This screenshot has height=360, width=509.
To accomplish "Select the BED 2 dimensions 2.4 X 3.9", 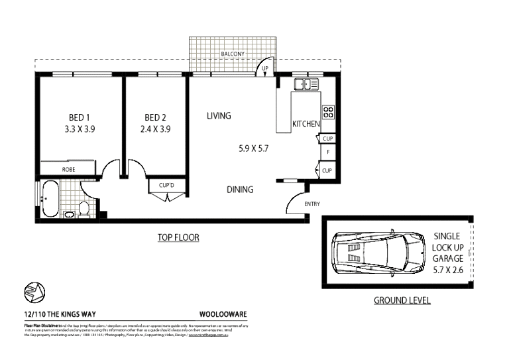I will [x=156, y=129].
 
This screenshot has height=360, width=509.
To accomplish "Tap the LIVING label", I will [x=219, y=116].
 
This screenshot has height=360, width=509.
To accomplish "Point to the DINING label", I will [x=240, y=190].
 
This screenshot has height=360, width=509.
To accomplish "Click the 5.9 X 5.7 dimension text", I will [x=254, y=149].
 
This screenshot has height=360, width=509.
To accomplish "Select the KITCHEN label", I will [x=306, y=124].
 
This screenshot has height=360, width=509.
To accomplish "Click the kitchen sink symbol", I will [x=306, y=84].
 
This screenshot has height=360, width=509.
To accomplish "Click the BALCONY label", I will [x=233, y=54].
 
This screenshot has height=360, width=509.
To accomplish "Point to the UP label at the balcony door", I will [x=264, y=69].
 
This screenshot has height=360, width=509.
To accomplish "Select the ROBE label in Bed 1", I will [x=68, y=170].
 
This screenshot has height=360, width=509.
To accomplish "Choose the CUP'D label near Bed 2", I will [x=165, y=185].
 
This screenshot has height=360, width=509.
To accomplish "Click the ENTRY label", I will [x=311, y=204].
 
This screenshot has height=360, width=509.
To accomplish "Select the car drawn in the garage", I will [x=379, y=253].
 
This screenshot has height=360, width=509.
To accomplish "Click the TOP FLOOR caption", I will [x=178, y=237].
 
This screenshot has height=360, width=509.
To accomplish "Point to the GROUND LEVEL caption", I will [x=402, y=300].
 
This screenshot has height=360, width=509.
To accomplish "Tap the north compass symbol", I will [x=32, y=291].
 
